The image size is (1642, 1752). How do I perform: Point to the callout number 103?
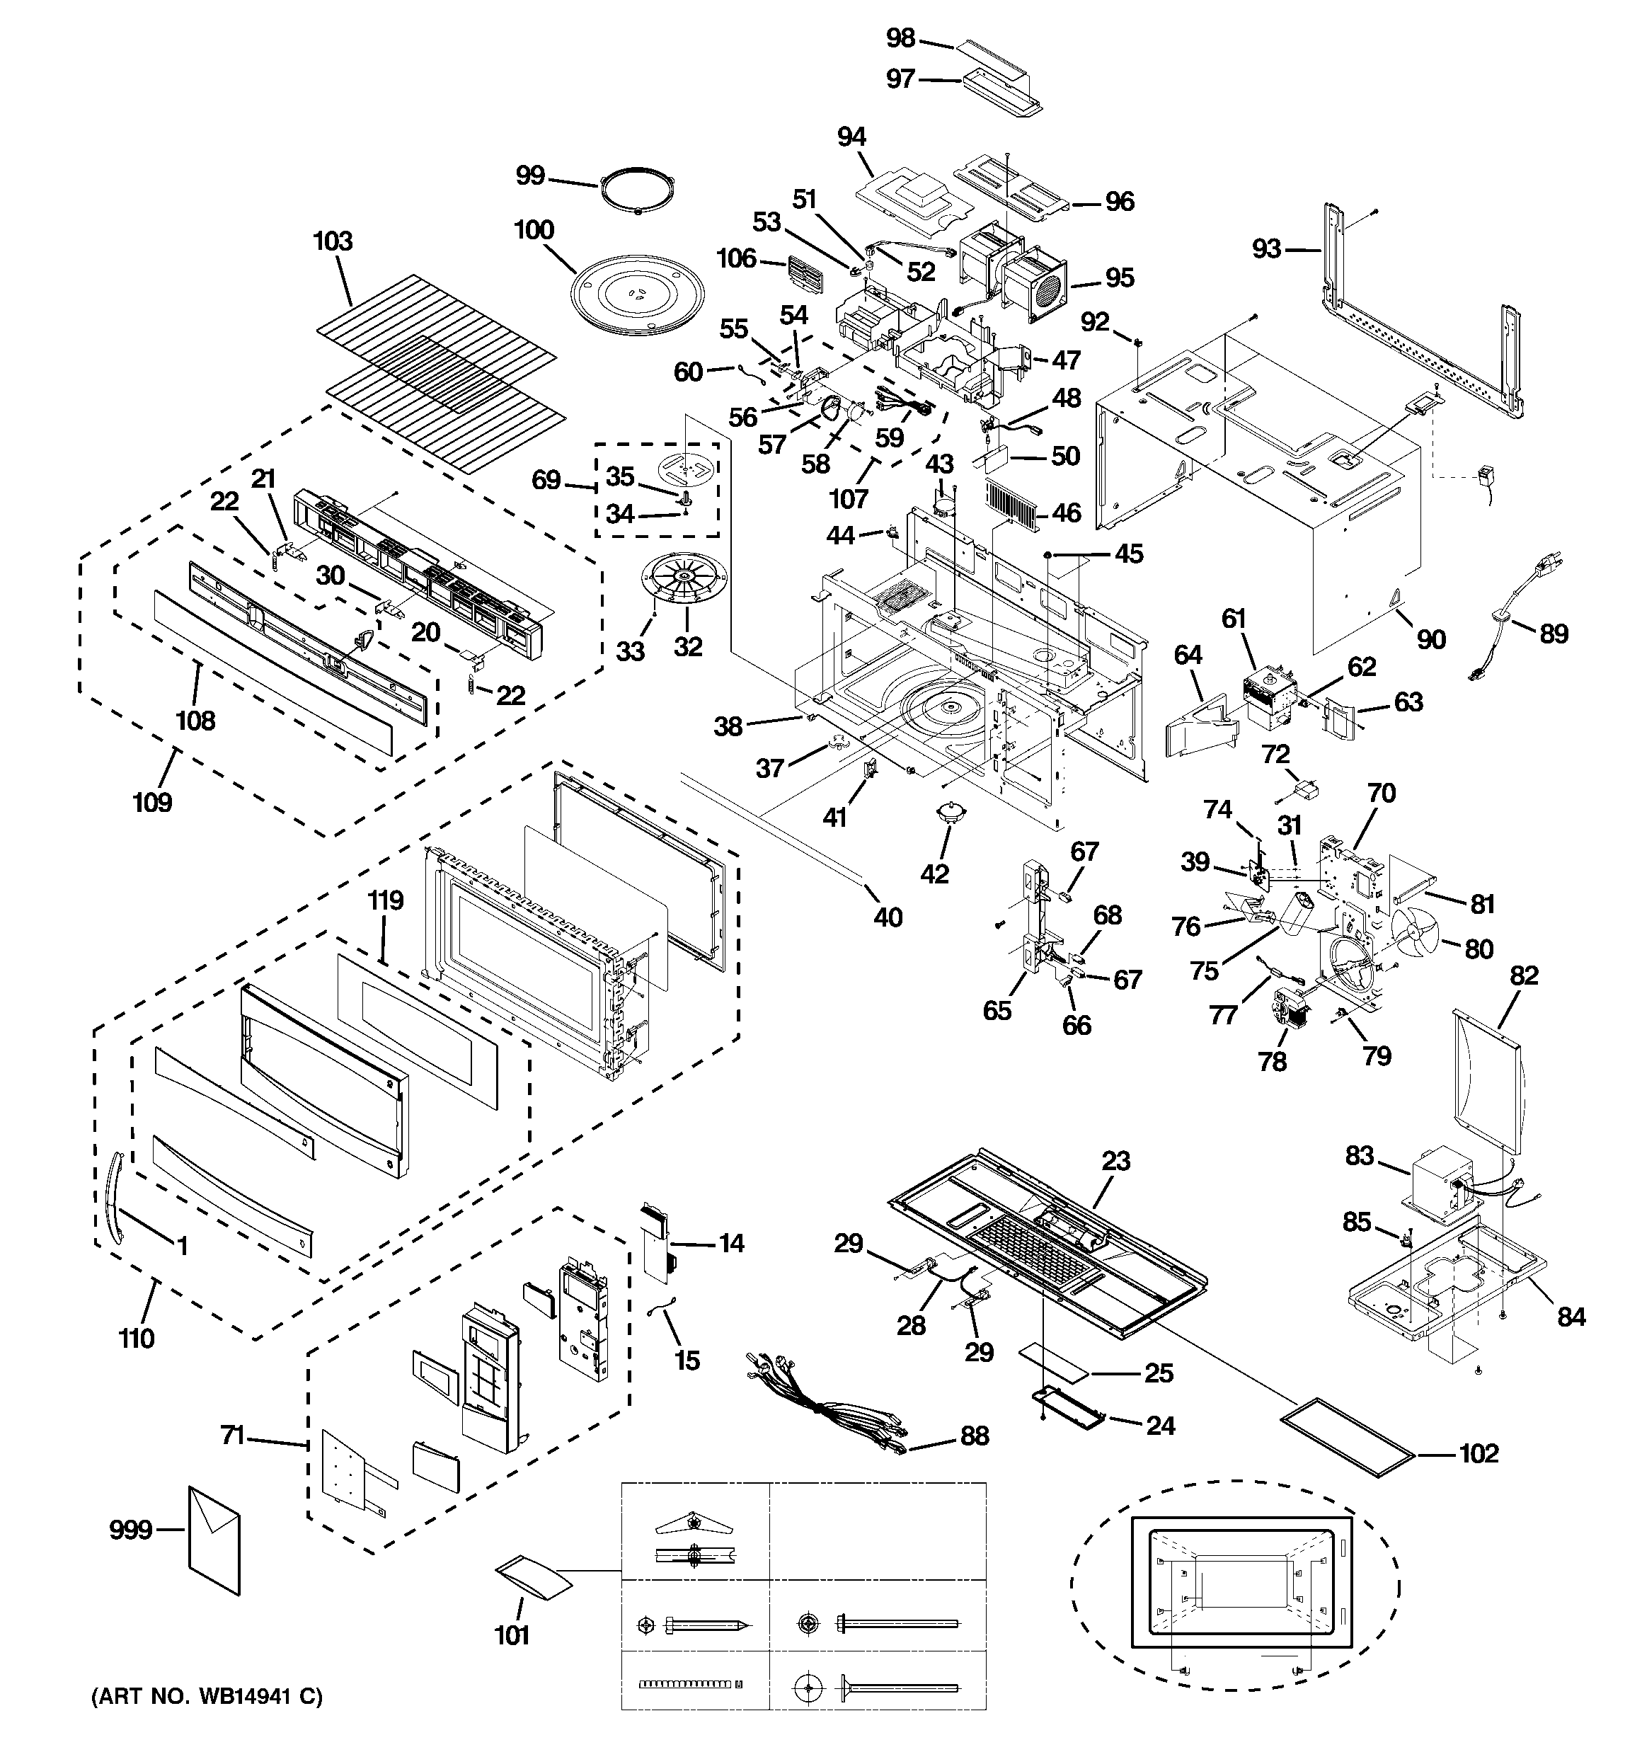click(333, 241)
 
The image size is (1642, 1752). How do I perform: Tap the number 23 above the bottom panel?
click(1116, 1161)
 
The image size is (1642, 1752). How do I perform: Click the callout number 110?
click(137, 1339)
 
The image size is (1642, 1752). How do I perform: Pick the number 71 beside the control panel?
click(233, 1436)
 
